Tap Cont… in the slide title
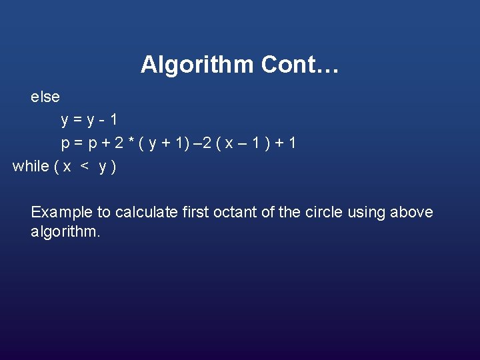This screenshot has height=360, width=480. point(300,65)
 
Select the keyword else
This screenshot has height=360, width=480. point(45,97)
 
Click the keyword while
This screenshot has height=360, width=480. point(31,166)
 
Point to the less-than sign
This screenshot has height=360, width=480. point(85,167)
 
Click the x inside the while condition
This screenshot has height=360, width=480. point(67,167)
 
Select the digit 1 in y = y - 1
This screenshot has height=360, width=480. point(115,120)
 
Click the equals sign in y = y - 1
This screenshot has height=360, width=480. point(77,121)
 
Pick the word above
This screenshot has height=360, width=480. point(411,213)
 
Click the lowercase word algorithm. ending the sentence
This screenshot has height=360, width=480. point(65,232)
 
